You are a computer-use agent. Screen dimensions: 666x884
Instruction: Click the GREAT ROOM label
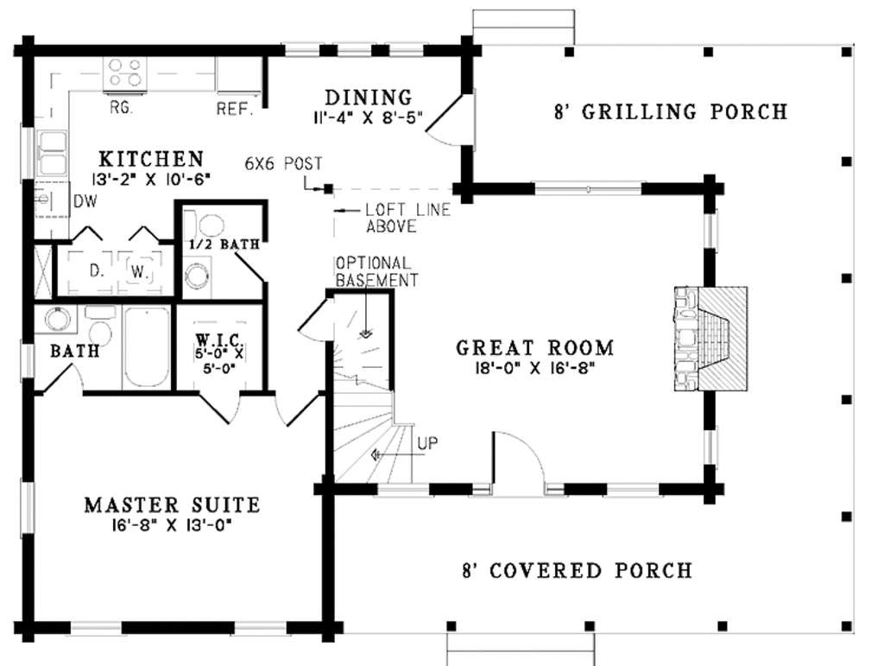(534, 348)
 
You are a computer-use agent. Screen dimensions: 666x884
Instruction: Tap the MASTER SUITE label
(172, 504)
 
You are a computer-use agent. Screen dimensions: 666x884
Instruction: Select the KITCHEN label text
(151, 159)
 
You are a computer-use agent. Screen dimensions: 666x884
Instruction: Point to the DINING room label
(368, 97)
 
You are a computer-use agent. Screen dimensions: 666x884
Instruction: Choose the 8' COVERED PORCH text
(577, 571)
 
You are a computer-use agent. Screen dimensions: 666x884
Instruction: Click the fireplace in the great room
(710, 339)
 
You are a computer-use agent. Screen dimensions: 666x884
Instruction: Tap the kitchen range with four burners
(124, 73)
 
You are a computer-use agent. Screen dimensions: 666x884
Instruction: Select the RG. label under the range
(121, 109)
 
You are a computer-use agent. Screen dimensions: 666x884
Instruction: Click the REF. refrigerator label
(233, 110)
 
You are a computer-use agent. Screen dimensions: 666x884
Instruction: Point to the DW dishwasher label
(84, 201)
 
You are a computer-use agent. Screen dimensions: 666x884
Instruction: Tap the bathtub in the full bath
(146, 348)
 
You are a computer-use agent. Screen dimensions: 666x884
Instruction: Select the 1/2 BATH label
(224, 245)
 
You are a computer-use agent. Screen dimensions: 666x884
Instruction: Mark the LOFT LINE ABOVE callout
(394, 218)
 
